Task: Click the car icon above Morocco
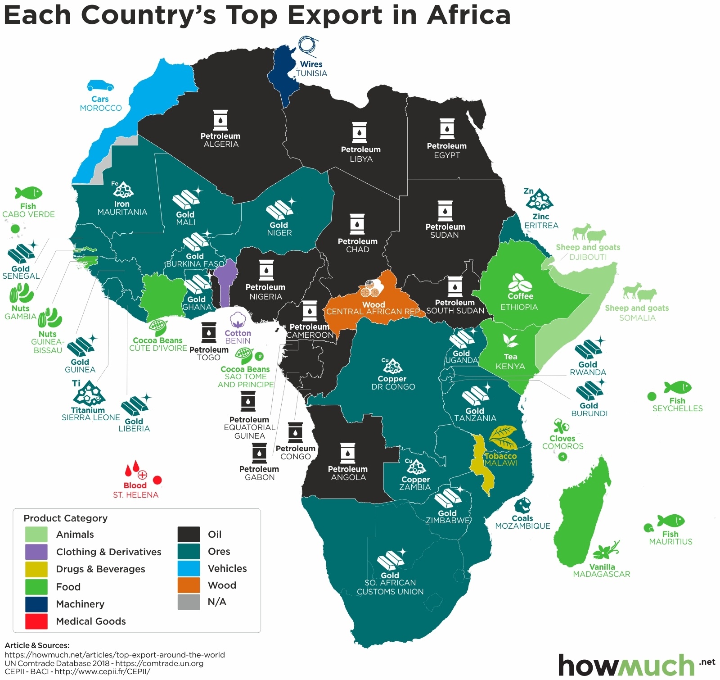(100, 85)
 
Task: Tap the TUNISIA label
(311, 73)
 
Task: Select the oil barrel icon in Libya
(360, 132)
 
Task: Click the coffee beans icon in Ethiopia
(520, 282)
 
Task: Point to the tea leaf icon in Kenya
(510, 341)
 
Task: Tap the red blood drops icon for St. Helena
(135, 470)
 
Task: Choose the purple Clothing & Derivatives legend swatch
(36, 552)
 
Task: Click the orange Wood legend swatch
(189, 585)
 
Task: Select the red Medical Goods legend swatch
(36, 621)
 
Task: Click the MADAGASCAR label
(601, 574)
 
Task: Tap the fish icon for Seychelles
(677, 387)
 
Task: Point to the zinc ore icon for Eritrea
(539, 200)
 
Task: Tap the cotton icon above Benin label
(238, 320)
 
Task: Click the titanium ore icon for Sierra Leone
(89, 394)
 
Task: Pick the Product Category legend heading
(66, 518)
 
